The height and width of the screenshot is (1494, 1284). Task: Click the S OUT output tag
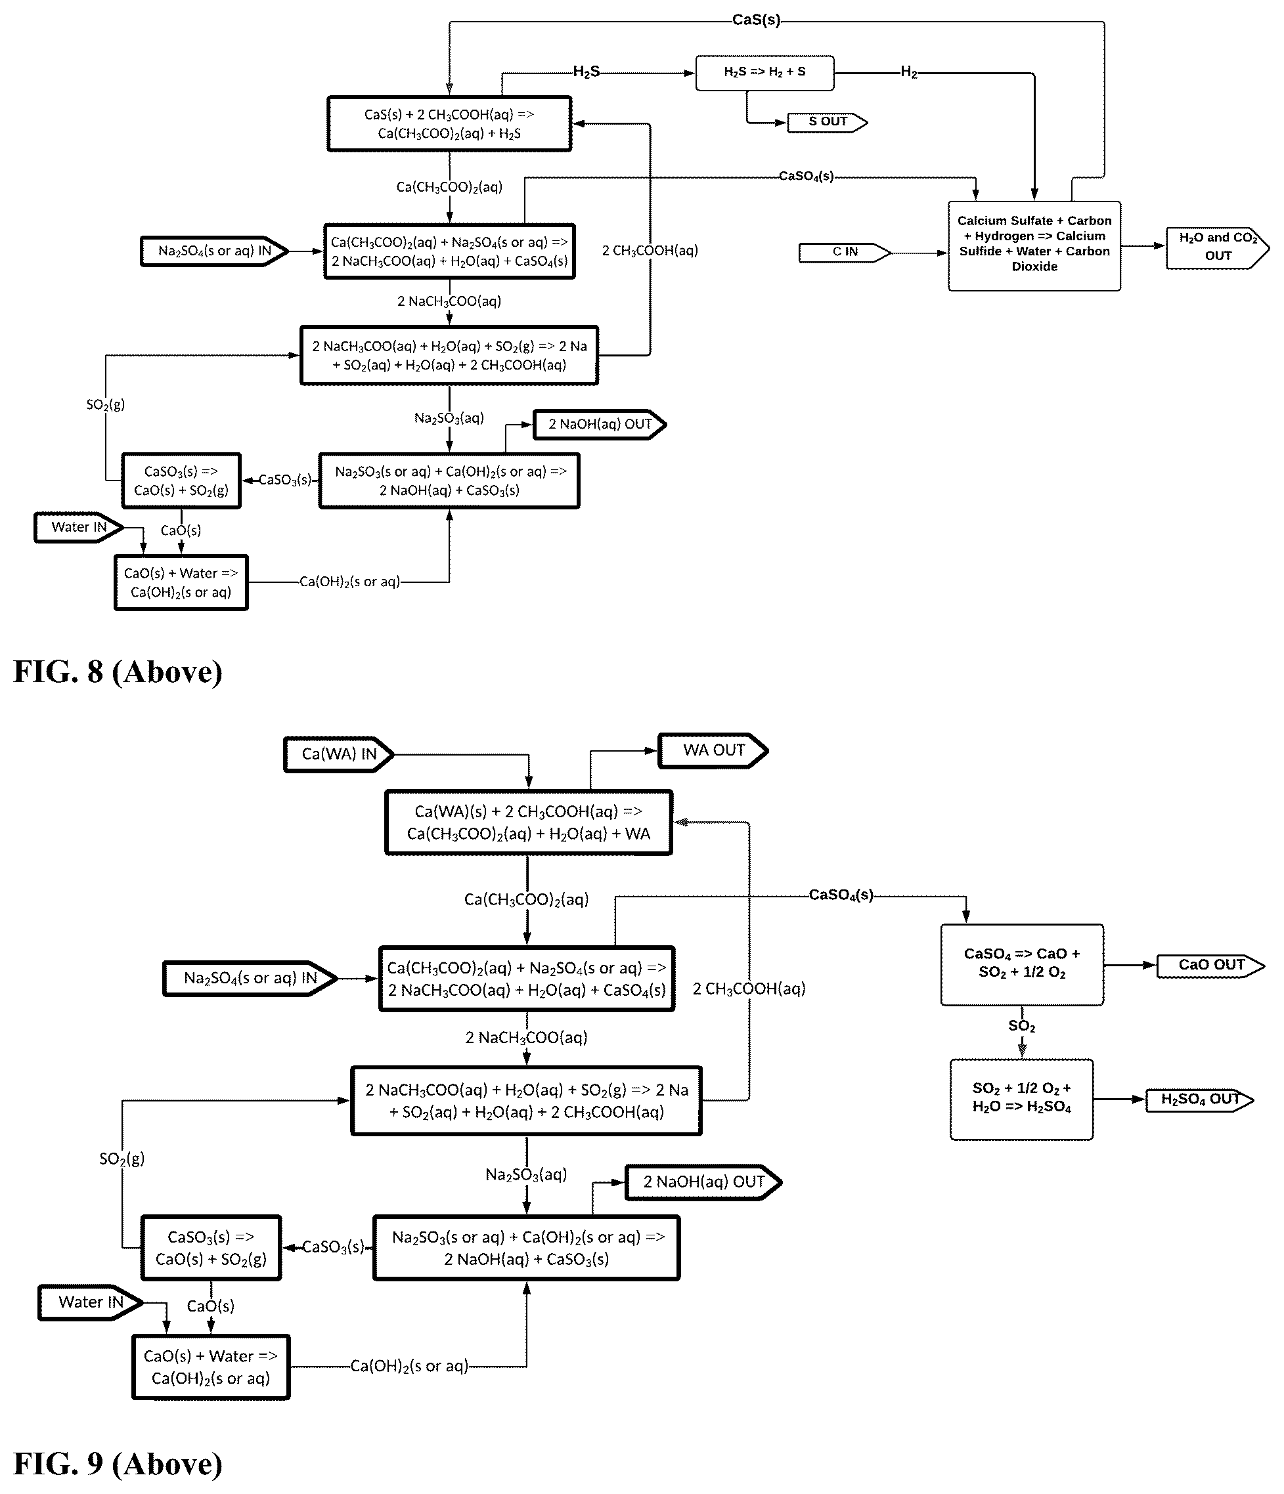[x=828, y=123]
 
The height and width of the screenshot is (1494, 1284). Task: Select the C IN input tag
[x=845, y=252]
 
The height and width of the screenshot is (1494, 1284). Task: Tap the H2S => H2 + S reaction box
[x=764, y=73]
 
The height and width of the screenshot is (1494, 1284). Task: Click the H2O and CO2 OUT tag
[x=1218, y=248]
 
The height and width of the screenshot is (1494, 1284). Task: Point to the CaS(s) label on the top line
[x=756, y=20]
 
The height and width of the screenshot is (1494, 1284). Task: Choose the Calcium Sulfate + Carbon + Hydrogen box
[x=1034, y=246]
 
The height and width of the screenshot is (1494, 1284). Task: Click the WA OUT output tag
[x=713, y=750]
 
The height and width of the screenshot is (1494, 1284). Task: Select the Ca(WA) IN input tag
[x=339, y=754]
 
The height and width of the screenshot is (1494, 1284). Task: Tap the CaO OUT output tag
[x=1211, y=966]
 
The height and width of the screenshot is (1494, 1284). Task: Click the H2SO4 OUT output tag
[x=1199, y=1099]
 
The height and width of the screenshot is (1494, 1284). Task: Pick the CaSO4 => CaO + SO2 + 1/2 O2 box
[x=1022, y=965]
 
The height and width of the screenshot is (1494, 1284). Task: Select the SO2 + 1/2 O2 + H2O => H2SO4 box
[x=1021, y=1099]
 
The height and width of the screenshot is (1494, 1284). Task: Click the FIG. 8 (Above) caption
[x=118, y=672]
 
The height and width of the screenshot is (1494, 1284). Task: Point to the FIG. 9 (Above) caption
[x=118, y=1464]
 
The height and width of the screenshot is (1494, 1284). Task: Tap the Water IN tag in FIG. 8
[x=79, y=527]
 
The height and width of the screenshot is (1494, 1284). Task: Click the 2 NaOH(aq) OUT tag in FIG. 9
[x=703, y=1182]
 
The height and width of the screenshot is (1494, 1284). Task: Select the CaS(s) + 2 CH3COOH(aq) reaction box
[x=449, y=124]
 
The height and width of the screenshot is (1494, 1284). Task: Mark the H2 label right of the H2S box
[x=909, y=72]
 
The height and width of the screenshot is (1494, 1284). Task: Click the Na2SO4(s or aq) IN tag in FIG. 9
[x=250, y=978]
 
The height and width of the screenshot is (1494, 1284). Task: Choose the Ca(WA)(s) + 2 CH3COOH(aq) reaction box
[x=528, y=822]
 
